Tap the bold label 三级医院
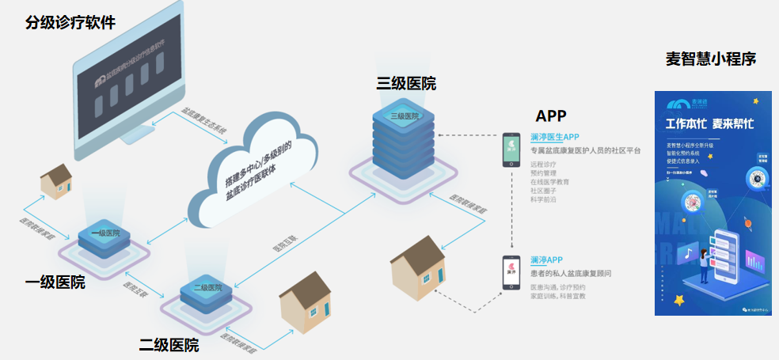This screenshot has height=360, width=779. coord(406,84)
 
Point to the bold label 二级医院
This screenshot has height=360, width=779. coord(169,345)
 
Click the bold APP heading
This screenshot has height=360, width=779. coord(551,116)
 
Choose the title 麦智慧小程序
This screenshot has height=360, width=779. coord(711,59)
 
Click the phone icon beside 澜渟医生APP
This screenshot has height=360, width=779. coord(511,150)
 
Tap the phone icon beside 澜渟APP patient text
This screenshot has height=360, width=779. coord(511,272)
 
